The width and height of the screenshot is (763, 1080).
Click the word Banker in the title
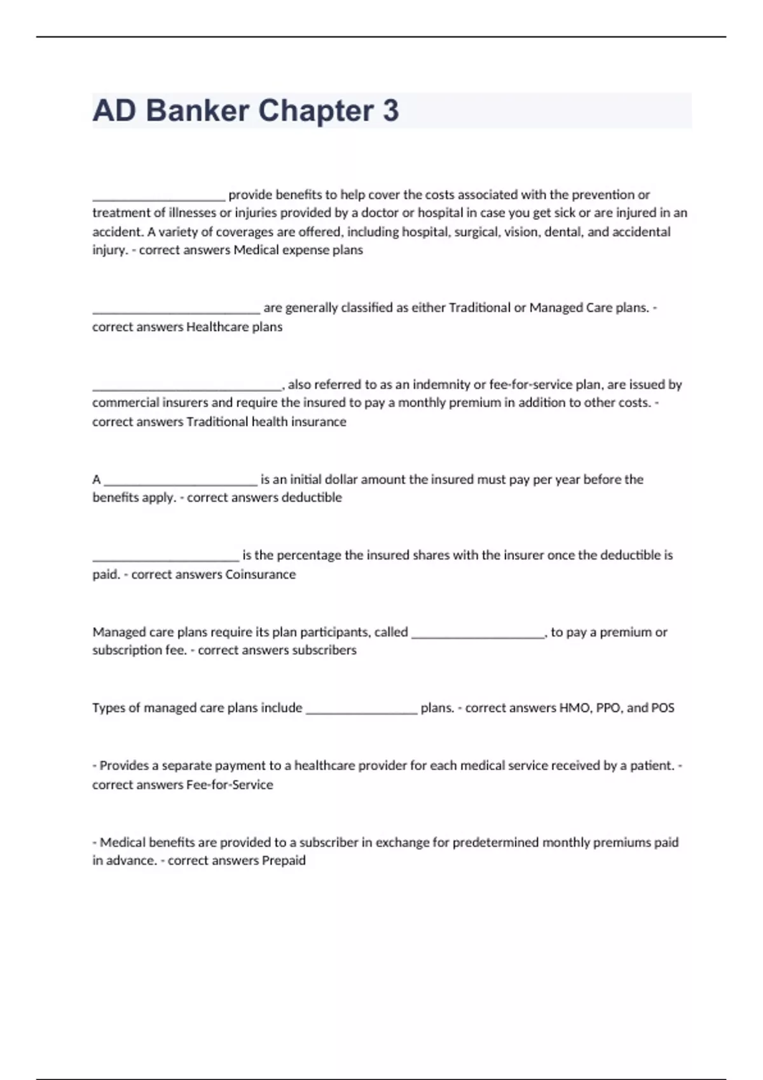pyautogui.click(x=197, y=111)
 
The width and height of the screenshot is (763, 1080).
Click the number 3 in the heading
pyautogui.click(x=391, y=111)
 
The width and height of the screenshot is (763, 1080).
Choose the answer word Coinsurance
pyautogui.click(x=261, y=574)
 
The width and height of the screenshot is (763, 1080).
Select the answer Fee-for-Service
pyautogui.click(x=230, y=785)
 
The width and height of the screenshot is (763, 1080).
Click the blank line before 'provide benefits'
pyautogui.click(x=158, y=197)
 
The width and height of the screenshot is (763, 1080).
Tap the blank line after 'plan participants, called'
pyautogui.click(x=478, y=635)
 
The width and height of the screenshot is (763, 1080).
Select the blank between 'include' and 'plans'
pyautogui.click(x=361, y=711)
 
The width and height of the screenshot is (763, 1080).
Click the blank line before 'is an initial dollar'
pyautogui.click(x=180, y=482)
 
